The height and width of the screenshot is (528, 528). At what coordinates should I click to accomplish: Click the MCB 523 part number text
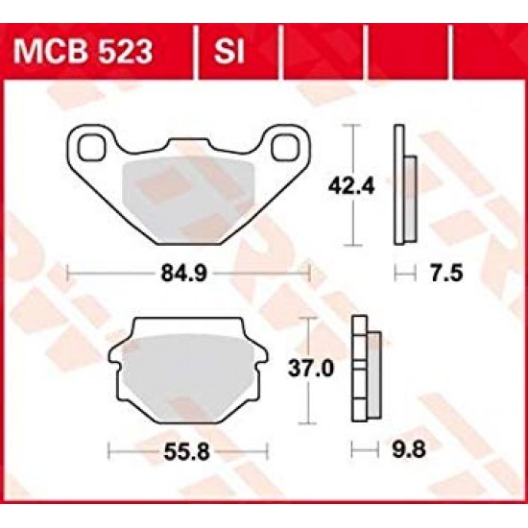click(96, 49)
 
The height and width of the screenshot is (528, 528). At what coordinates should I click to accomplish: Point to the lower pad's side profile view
click(366, 369)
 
